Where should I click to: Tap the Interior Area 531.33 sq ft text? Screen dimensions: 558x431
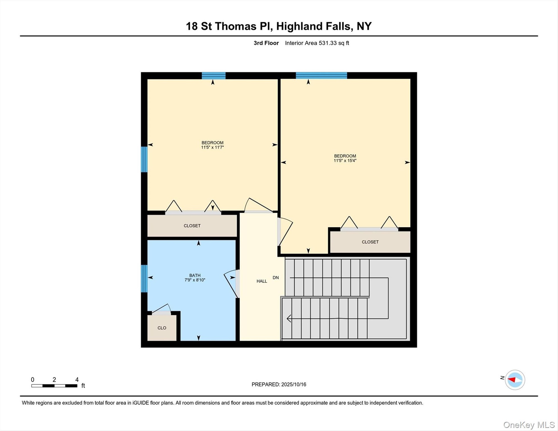pos(317,43)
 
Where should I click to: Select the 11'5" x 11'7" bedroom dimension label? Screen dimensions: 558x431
pos(212,147)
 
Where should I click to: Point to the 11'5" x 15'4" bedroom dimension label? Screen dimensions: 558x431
pos(345,160)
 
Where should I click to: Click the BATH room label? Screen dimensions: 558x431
pos(195,275)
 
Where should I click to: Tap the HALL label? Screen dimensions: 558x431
pos(262,281)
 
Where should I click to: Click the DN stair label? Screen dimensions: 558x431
pos(276,278)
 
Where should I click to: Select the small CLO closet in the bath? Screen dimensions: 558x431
pos(162,328)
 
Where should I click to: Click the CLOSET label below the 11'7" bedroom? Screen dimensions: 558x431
pos(192,226)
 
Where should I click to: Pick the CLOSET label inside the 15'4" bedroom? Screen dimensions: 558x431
pos(370,242)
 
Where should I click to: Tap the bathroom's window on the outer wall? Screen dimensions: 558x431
pos(144,278)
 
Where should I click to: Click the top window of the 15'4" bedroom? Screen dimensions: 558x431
pos(321,76)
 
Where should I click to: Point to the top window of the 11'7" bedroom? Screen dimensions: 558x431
pos(214,76)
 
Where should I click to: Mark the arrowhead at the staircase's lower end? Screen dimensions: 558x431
pos(289,319)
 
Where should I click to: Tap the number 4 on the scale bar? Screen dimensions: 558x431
pos(77,380)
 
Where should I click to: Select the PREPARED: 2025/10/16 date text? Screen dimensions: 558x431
pos(279,384)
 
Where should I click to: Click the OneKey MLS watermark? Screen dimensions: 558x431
pos(529,425)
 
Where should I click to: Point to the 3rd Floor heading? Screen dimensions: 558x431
pos(266,43)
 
